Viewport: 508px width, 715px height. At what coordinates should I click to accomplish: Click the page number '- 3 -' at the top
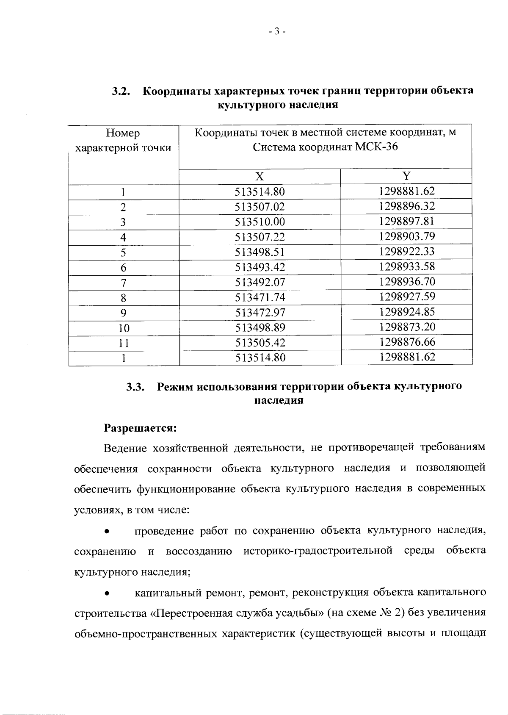pos(278,31)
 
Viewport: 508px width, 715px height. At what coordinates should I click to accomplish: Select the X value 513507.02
pos(260,207)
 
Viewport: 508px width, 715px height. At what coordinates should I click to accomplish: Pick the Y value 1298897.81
pos(407,222)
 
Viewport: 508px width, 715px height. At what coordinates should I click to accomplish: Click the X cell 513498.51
pos(260,252)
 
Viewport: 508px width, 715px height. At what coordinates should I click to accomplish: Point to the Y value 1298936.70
pos(407,282)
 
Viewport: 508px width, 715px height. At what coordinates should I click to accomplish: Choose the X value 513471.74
pos(260,298)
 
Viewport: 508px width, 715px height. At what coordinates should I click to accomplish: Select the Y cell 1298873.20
pos(407,327)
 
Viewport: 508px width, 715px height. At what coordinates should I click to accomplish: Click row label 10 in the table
pos(124,328)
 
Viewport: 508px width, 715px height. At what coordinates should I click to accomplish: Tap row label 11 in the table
pos(124,343)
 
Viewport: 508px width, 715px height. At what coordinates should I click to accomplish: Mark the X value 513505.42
pos(260,343)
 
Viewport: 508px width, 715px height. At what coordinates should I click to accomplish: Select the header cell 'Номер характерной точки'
pos(123,141)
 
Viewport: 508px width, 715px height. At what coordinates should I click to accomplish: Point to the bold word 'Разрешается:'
pos(140,427)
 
